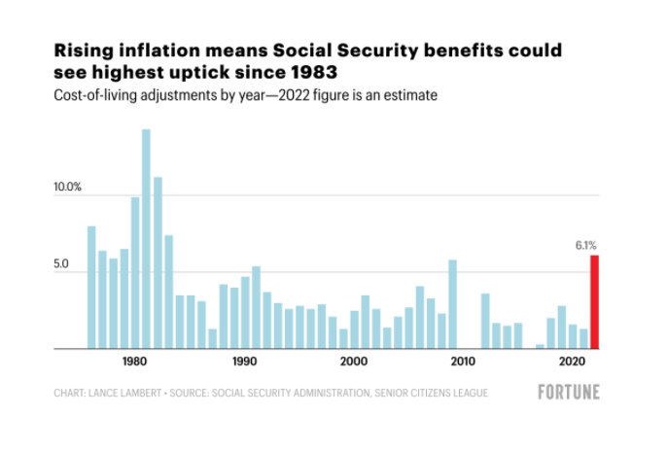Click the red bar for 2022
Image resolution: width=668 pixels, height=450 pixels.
tap(594, 301)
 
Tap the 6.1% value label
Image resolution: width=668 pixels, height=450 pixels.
tap(587, 247)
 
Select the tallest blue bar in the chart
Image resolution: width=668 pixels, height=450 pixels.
tap(146, 238)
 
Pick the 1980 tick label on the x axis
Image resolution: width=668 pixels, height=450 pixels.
tap(135, 361)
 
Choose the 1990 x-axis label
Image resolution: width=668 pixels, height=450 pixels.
tap(245, 361)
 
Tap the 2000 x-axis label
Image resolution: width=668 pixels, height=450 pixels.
tap(355, 361)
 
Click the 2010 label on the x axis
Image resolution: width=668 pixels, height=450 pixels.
tap(464, 361)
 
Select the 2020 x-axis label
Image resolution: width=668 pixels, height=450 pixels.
tap(573, 361)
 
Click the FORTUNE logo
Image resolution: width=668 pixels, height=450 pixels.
tap(569, 393)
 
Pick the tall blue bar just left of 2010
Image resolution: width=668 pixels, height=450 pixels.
tap(452, 304)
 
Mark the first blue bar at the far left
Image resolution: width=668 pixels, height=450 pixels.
tap(91, 287)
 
